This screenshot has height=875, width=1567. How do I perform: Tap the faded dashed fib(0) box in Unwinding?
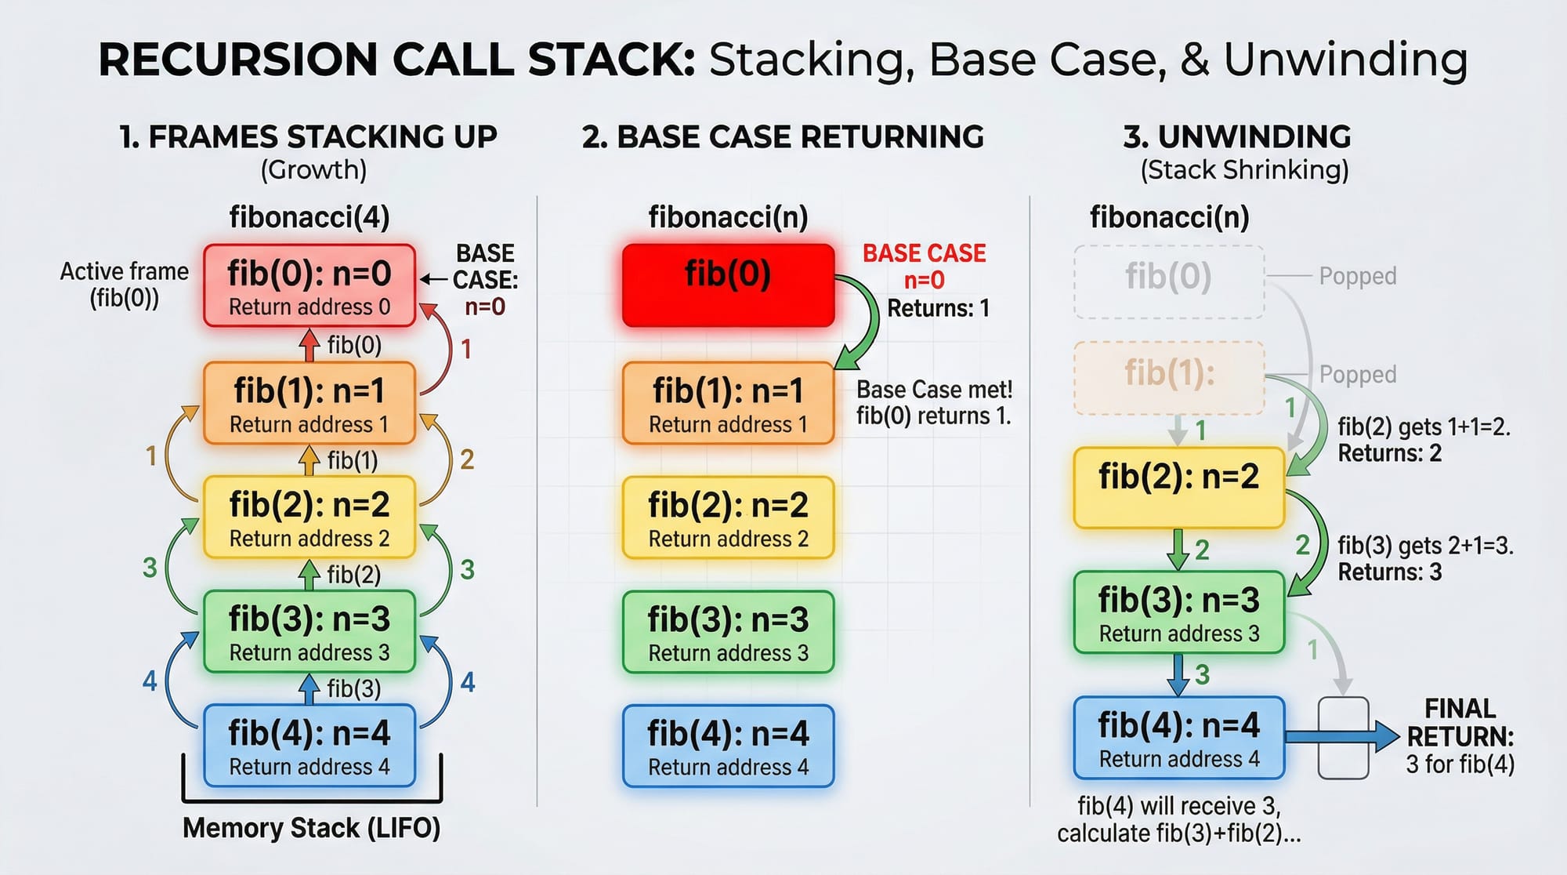point(1168,281)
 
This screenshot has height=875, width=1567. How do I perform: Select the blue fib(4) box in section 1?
point(309,746)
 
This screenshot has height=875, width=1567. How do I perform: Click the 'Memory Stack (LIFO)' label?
point(311,828)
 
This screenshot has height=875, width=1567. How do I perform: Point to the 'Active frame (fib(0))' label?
point(124,284)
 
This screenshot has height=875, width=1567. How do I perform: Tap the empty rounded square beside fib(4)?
point(1343,738)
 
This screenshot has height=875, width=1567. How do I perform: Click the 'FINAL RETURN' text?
point(1460,723)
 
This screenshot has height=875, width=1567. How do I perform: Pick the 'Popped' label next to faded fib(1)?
point(1357,375)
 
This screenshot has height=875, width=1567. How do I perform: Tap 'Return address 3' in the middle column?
point(728,653)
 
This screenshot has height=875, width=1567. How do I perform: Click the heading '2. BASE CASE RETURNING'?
point(782,137)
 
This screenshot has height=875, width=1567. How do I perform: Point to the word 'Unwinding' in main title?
point(1344,60)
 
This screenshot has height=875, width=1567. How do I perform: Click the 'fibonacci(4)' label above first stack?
point(309,217)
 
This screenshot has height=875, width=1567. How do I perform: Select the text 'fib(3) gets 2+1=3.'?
point(1424,545)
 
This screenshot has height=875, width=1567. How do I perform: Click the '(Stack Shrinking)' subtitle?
point(1244,170)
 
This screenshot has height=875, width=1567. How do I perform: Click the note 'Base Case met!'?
point(934,390)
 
